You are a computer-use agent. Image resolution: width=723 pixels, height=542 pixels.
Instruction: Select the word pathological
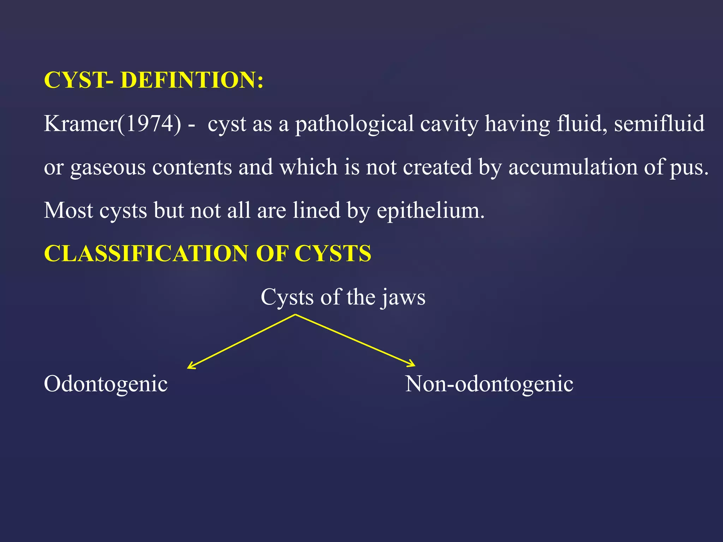point(354,124)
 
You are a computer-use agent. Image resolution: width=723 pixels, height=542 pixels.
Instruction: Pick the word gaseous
point(108,167)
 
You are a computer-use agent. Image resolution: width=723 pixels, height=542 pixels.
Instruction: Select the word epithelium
point(430,211)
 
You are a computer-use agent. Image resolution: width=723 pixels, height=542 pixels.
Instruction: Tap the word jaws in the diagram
point(403,297)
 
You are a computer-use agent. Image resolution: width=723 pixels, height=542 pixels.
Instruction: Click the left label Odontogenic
point(106,384)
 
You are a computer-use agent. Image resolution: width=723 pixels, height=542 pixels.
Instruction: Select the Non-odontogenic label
point(489,384)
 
